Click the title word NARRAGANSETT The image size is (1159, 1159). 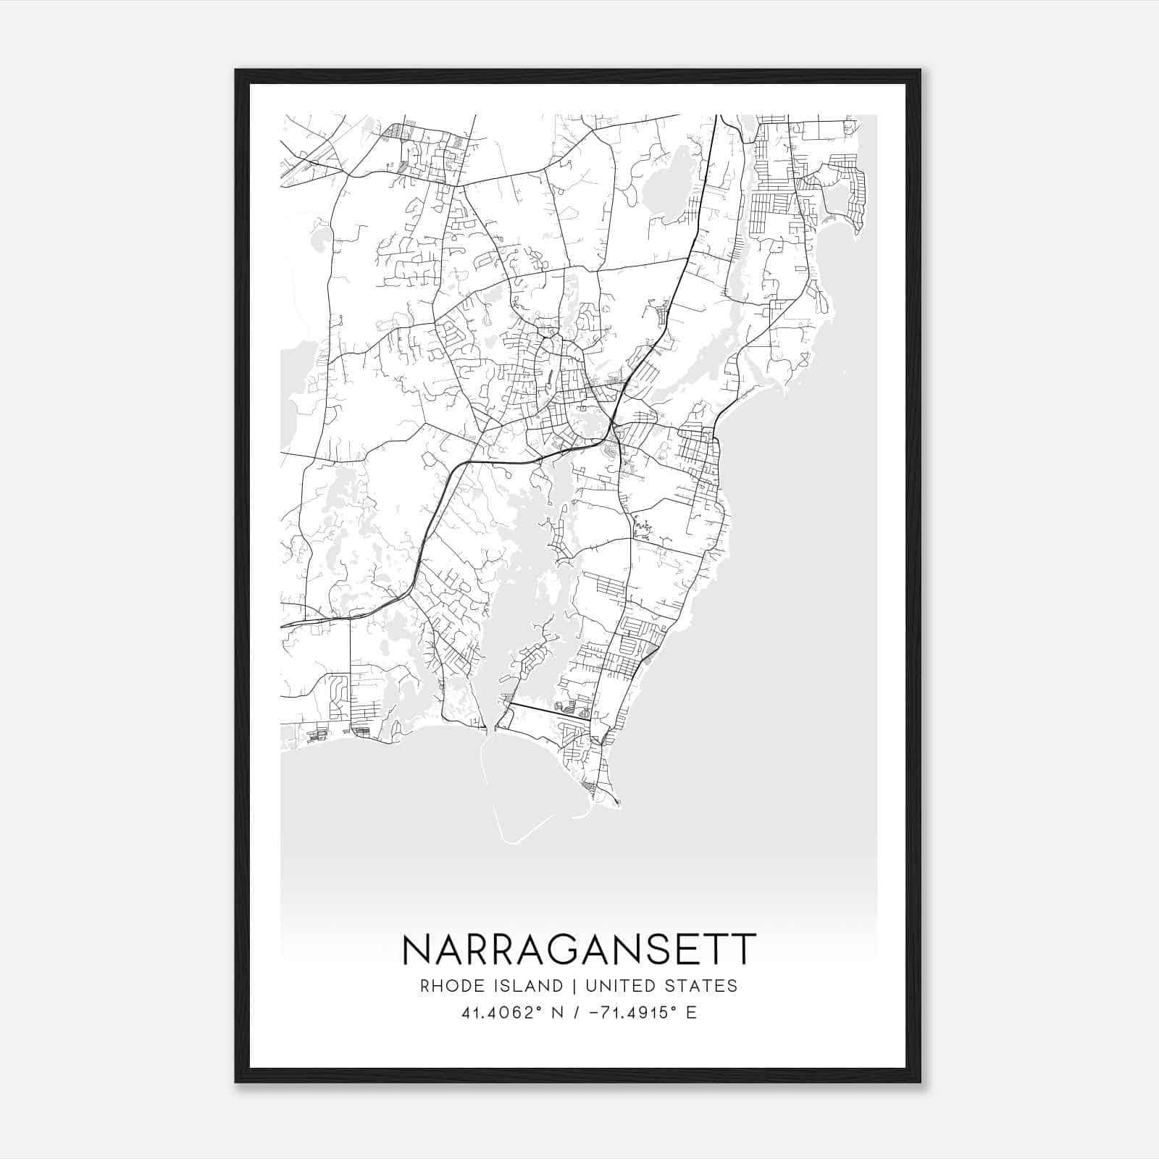(x=579, y=950)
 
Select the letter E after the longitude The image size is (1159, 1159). (x=691, y=1013)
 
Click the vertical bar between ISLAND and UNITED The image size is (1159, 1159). (x=574, y=986)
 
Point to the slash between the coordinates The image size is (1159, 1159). (x=577, y=1013)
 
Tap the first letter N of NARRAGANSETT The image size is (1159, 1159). (x=417, y=950)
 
